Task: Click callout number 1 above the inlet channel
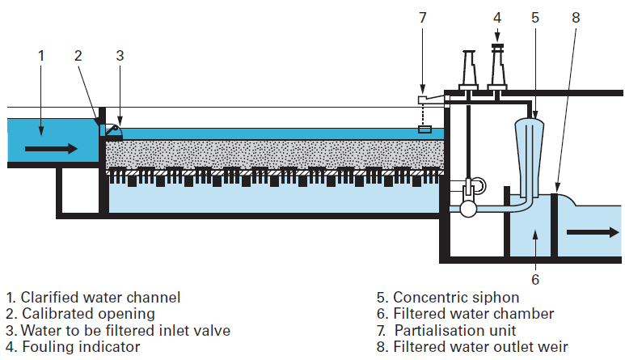(41, 56)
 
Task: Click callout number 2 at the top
(78, 56)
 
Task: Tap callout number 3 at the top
(119, 56)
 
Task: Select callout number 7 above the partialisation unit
(422, 18)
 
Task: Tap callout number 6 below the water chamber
(534, 279)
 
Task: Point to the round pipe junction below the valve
(467, 209)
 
